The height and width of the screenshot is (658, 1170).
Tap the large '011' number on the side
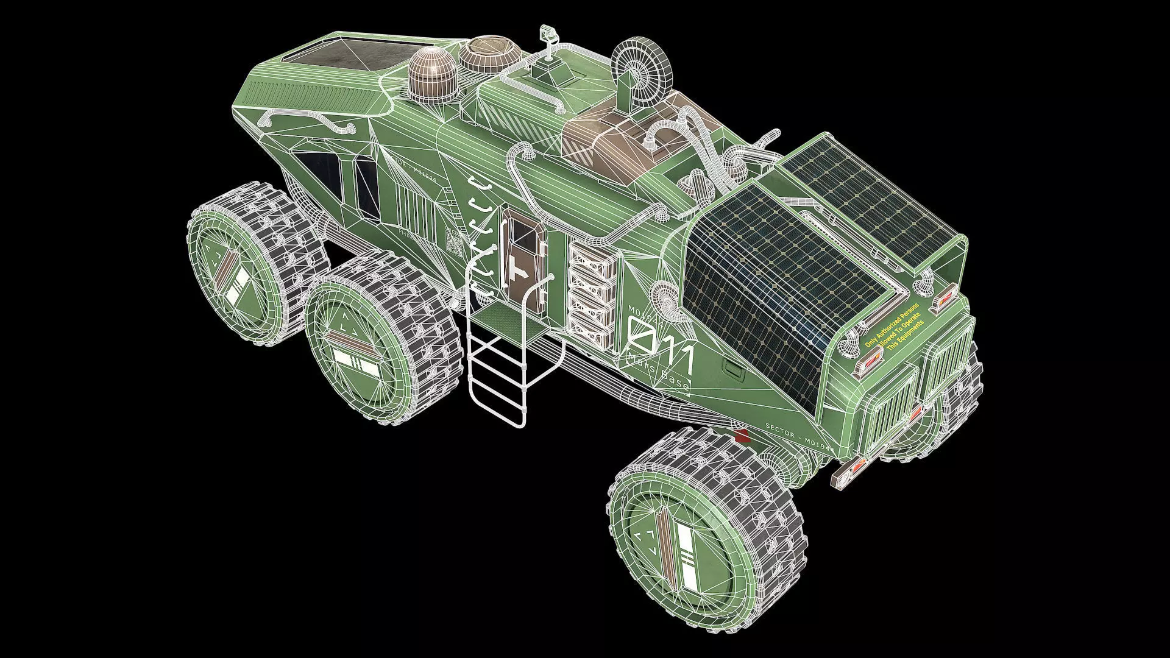pyautogui.click(x=661, y=348)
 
